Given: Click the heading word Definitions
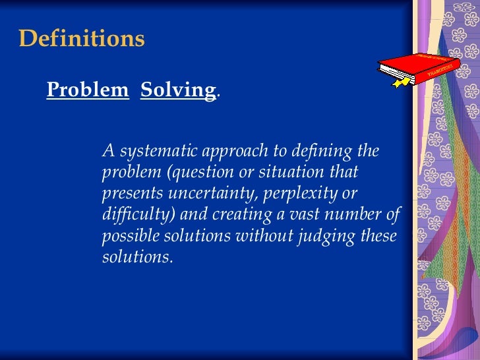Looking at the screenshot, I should tap(82, 39).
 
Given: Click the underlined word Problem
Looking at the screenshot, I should tap(88, 90).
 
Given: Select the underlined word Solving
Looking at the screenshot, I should tap(178, 90).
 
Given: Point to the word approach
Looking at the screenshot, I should tap(231, 152).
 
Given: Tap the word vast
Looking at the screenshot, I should tap(293, 215).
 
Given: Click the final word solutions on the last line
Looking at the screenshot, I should tap(136, 257).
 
